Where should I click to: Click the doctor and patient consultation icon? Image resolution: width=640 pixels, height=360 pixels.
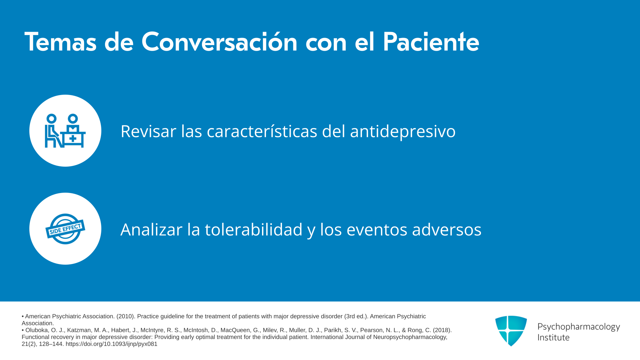pyautogui.click(x=65, y=131)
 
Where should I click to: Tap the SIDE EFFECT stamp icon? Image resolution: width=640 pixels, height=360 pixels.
pyautogui.click(x=65, y=229)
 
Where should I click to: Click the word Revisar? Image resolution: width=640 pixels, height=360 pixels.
pyautogui.click(x=148, y=131)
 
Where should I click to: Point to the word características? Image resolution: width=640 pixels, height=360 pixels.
pyautogui.click(x=262, y=131)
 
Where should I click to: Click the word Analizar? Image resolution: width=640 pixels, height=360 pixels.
pyautogui.click(x=151, y=229)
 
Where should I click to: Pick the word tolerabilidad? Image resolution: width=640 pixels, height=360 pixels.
pyautogui.click(x=254, y=229)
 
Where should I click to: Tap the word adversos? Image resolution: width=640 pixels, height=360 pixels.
pyautogui.click(x=447, y=229)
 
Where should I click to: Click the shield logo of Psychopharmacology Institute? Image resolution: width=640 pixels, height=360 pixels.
pyautogui.click(x=511, y=331)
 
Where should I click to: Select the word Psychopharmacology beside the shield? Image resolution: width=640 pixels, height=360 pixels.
pyautogui.click(x=579, y=327)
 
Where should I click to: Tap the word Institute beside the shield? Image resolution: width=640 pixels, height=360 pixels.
pyautogui.click(x=554, y=337)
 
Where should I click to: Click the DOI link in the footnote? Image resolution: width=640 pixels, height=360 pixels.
pyautogui.click(x=111, y=344)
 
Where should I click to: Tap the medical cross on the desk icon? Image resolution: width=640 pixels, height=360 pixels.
pyautogui.click(x=73, y=139)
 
